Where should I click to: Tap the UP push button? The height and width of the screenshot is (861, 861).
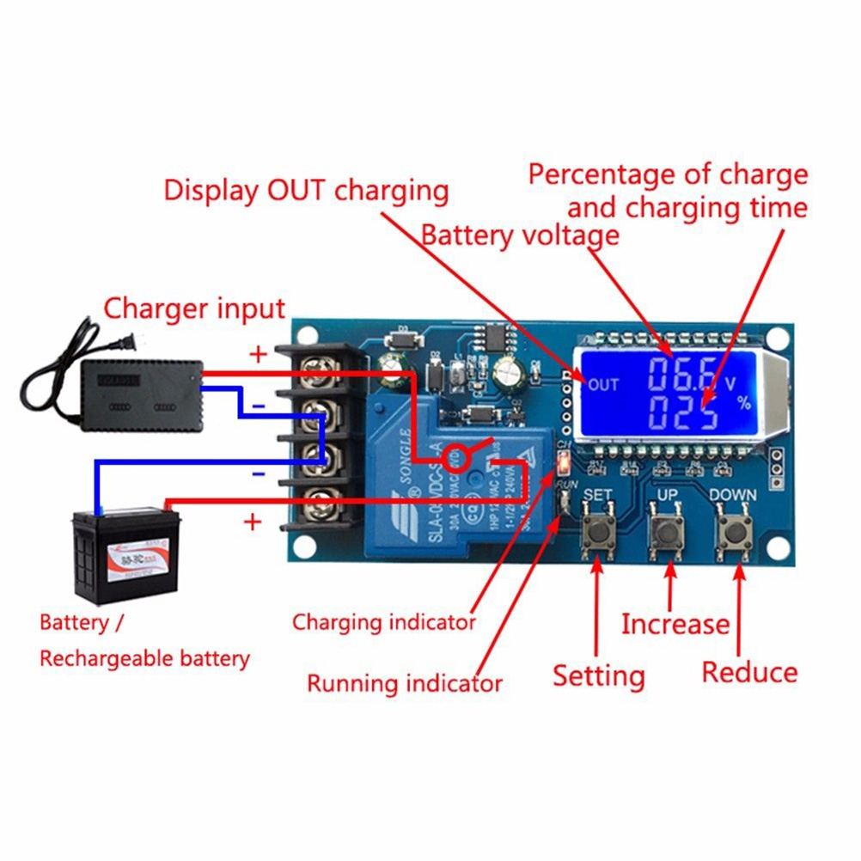[663, 534]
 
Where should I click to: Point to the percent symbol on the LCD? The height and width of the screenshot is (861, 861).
[745, 403]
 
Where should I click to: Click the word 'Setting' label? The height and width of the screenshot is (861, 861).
[598, 675]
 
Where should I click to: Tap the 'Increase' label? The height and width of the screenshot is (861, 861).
[675, 624]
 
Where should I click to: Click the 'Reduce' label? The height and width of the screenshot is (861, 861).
[749, 672]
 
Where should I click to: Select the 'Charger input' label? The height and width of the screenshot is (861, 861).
[194, 308]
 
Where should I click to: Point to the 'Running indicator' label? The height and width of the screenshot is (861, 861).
[404, 684]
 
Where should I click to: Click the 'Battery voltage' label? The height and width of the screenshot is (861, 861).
[519, 235]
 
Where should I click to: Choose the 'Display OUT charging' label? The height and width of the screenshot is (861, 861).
[306, 190]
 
